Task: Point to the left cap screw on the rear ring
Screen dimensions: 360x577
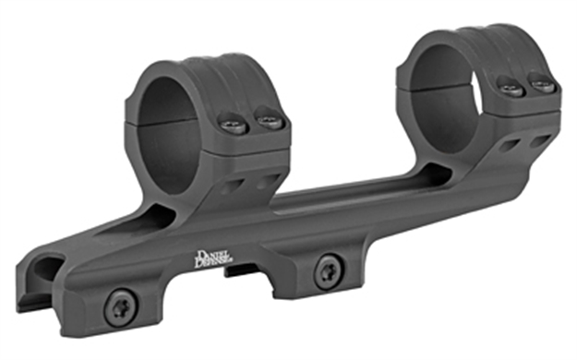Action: point(511,88)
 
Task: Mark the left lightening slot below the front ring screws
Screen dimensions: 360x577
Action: point(233,186)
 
